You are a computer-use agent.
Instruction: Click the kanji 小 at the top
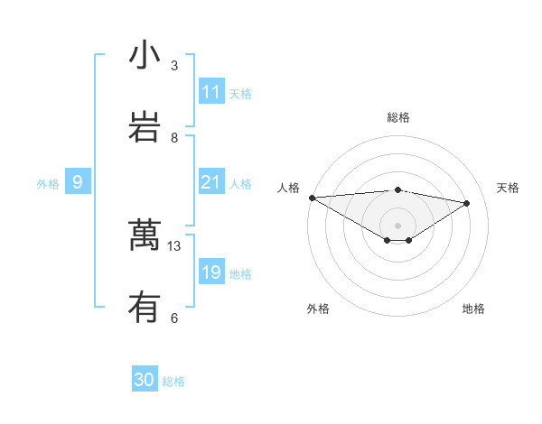pyautogui.click(x=144, y=55)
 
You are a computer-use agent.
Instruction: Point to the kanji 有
pyautogui.click(x=144, y=307)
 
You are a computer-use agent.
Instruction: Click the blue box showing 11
pyautogui.click(x=211, y=92)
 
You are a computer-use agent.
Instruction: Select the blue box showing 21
pyautogui.click(x=211, y=182)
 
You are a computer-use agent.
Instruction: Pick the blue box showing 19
pyautogui.click(x=211, y=272)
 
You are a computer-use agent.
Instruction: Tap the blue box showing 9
pyautogui.click(x=78, y=182)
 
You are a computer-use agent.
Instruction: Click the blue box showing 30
pyautogui.click(x=145, y=381)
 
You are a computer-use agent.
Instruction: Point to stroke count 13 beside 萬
pyautogui.click(x=174, y=245)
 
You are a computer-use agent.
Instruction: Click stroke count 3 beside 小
pyautogui.click(x=174, y=65)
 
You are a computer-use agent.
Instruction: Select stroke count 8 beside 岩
pyautogui.click(x=174, y=137)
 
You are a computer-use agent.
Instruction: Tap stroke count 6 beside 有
pyautogui.click(x=174, y=318)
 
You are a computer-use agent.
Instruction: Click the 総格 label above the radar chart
pyautogui.click(x=398, y=117)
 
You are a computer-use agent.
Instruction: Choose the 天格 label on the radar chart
pyautogui.click(x=509, y=188)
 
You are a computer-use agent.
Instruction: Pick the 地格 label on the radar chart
pyautogui.click(x=473, y=309)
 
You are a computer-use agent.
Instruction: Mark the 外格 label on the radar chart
pyautogui.click(x=318, y=309)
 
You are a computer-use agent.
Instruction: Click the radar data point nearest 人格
pyautogui.click(x=312, y=198)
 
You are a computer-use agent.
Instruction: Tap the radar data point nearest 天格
pyautogui.click(x=467, y=203)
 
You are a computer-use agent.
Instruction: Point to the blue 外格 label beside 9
pyautogui.click(x=48, y=184)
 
